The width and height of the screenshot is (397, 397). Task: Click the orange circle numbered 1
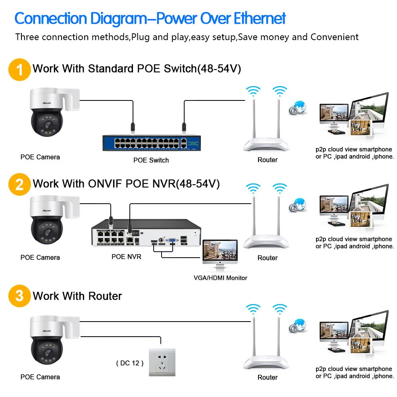click(x=19, y=69)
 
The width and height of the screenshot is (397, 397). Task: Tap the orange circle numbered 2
click(x=19, y=184)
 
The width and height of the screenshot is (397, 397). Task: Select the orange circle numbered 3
click(x=19, y=296)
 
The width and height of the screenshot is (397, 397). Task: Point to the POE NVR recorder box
click(x=145, y=236)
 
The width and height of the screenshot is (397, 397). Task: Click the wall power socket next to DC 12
click(x=162, y=362)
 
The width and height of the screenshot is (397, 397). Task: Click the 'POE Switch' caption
click(x=151, y=160)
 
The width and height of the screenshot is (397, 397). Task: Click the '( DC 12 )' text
click(x=130, y=363)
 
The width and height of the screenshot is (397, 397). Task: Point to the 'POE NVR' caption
click(x=126, y=257)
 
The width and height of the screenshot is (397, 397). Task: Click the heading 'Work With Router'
click(x=77, y=296)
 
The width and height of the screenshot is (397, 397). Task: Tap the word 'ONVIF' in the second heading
click(x=105, y=184)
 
